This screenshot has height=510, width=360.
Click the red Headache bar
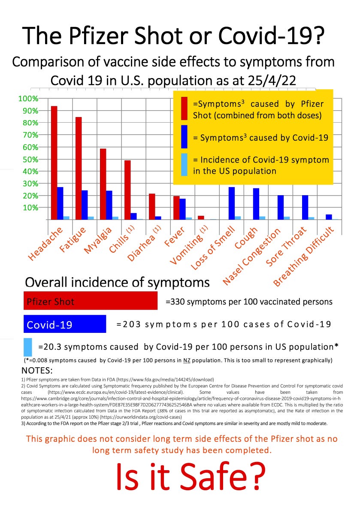pyautogui.click(x=54, y=163)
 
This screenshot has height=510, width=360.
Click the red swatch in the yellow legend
pyautogui.click(x=185, y=109)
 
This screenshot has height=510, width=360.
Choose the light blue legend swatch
pyautogui.click(x=185, y=164)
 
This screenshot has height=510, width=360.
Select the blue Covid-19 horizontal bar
pyautogui.click(x=64, y=324)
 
